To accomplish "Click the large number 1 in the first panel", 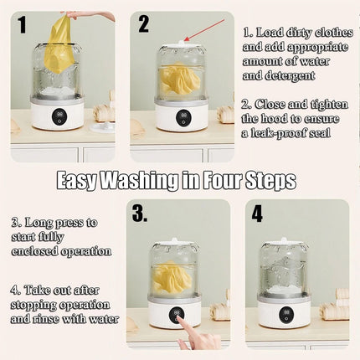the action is pyautogui.click(x=22, y=24).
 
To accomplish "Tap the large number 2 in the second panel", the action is pyautogui.click(x=143, y=23).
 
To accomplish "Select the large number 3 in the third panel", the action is pyautogui.click(x=140, y=213).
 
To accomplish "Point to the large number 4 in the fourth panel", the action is pyautogui.click(x=257, y=214).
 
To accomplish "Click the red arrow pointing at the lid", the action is pyautogui.click(x=204, y=30).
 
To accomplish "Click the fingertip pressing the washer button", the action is pyautogui.click(x=181, y=321).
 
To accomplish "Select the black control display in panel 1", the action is pyautogui.click(x=59, y=116).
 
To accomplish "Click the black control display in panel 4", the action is pyautogui.click(x=285, y=314).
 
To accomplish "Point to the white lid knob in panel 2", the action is pyautogui.click(x=183, y=42).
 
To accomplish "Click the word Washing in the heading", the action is pyautogui.click(x=139, y=181).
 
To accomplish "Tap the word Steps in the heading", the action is pyautogui.click(x=270, y=180).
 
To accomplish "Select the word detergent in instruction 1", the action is pyautogui.click(x=279, y=75).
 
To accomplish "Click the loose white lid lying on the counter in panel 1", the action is pyautogui.click(x=102, y=126).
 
